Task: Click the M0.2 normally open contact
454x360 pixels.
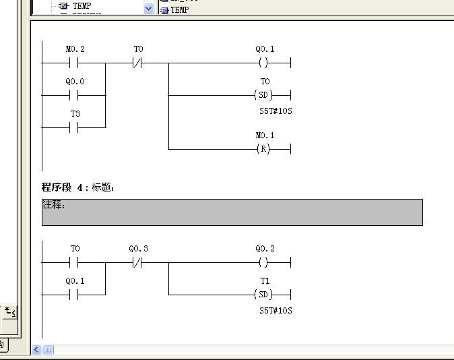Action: click(x=74, y=63)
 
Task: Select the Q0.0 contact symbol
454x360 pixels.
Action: click(x=74, y=95)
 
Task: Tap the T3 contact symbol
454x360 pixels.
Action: click(x=74, y=127)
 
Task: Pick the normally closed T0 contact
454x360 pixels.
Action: click(x=137, y=63)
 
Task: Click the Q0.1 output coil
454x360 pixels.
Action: click(x=263, y=63)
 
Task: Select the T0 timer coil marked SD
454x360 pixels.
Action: click(x=263, y=95)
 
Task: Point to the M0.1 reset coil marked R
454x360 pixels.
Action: click(x=263, y=149)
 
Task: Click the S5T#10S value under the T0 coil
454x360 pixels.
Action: click(x=275, y=111)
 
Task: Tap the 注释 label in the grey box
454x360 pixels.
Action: click(x=54, y=205)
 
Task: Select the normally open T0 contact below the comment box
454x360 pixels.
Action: click(x=74, y=263)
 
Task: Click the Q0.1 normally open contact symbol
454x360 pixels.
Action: click(x=74, y=295)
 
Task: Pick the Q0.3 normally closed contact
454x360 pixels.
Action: click(x=137, y=263)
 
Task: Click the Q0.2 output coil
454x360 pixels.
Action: click(x=263, y=263)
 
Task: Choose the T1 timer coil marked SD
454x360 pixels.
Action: click(x=263, y=295)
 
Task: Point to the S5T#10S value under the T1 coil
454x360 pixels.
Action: click(x=275, y=311)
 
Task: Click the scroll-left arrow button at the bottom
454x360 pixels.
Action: click(x=36, y=350)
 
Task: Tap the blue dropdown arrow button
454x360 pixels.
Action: click(x=148, y=8)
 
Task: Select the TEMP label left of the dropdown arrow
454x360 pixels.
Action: click(x=82, y=6)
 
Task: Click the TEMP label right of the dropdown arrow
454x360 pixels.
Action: click(x=180, y=10)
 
